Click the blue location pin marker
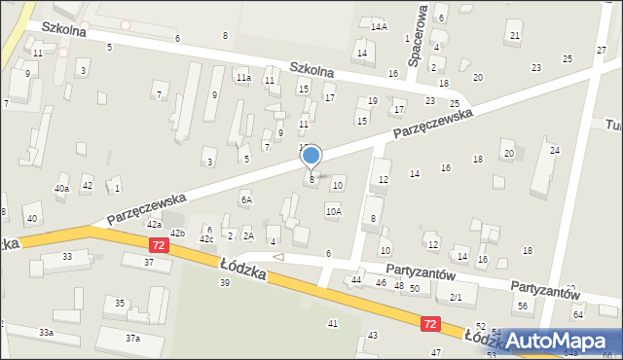coord(311,156)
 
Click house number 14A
coord(379,26)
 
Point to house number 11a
coord(243,77)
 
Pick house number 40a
coord(61,188)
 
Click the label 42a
coord(154,224)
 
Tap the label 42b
coord(177,234)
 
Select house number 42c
coord(206,239)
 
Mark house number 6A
coord(247,199)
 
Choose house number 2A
coord(248,235)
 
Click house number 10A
coord(334,210)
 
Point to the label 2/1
coord(456,296)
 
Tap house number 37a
coord(132,338)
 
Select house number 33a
coord(46,333)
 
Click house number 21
coord(514,36)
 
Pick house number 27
coord(601,49)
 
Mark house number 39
coord(225,282)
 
